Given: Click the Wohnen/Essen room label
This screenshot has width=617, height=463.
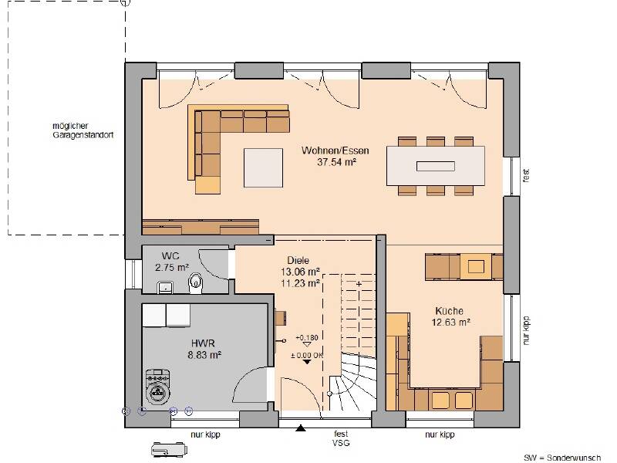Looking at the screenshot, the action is pos(335,150).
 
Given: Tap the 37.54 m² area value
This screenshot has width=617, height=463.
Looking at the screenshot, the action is pos(336,162).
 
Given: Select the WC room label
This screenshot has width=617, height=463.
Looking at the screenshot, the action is pos(170,256).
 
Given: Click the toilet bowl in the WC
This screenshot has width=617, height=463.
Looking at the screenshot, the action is pos(195,282).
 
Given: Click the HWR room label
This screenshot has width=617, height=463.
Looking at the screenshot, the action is pos(203,343).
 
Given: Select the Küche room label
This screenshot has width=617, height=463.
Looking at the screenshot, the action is pos(449,311).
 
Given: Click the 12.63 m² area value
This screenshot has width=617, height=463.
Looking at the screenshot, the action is pos(451,323).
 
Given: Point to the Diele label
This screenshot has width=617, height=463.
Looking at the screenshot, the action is pos(298,260).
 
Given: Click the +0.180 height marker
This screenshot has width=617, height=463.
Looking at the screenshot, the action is pos(307,338).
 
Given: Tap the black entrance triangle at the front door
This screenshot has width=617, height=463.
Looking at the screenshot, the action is pos(301,428).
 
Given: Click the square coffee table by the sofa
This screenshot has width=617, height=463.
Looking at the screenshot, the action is pos(263,167).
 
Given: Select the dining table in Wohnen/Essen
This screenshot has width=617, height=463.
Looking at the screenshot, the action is pos(435,166).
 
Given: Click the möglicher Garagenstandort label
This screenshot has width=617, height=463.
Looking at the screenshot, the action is pos(83,130).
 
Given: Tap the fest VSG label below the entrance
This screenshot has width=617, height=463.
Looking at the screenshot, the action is pos(341,438).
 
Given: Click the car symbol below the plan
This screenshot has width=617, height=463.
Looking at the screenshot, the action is pos(169,450).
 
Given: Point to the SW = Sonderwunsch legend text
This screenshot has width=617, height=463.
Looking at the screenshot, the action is pos(562,458).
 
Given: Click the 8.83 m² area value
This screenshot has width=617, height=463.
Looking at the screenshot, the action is pos(204,355).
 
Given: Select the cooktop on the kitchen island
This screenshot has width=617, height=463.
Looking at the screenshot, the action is pos(476,267).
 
